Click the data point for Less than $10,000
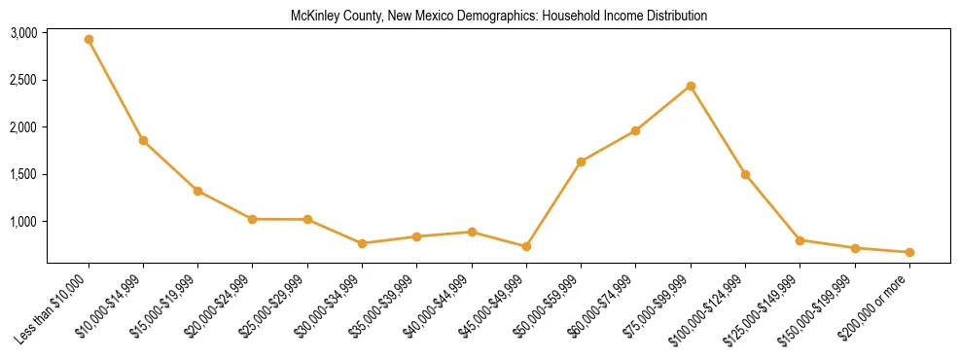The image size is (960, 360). (x=89, y=40)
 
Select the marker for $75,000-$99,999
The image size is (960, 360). (x=691, y=86)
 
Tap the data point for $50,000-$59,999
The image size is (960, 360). (x=581, y=162)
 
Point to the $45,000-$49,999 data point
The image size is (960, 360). (x=526, y=247)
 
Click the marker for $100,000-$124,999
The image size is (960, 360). (x=745, y=174)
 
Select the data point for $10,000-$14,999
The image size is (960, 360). (x=143, y=140)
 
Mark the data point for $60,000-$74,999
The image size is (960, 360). (x=635, y=130)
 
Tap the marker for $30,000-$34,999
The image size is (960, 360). (x=362, y=243)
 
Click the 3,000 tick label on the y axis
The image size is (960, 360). (x=23, y=33)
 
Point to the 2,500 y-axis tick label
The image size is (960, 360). (x=23, y=80)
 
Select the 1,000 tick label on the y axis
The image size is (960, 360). (x=23, y=222)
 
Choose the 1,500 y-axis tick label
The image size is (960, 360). (x=23, y=175)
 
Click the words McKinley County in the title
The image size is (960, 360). (x=329, y=17)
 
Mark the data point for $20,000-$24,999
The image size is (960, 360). (x=253, y=219)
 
